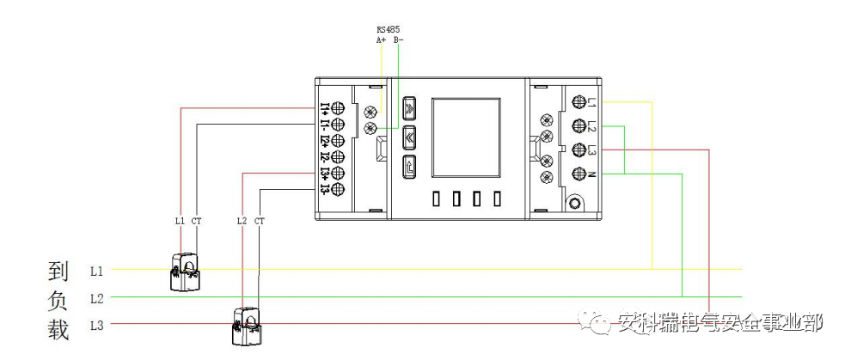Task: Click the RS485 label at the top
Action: pyautogui.click(x=388, y=28)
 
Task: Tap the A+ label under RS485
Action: pyautogui.click(x=381, y=39)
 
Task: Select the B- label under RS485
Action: pyautogui.click(x=399, y=39)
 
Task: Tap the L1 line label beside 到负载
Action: pyautogui.click(x=97, y=271)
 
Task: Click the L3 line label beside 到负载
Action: pyautogui.click(x=97, y=326)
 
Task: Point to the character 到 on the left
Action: pyautogui.click(x=58, y=272)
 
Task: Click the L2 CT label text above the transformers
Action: pyautogui.click(x=250, y=221)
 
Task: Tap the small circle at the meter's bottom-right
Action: pyautogui.click(x=573, y=204)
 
